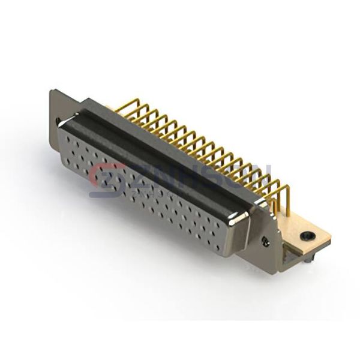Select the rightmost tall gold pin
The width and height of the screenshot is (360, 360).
(287, 198)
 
